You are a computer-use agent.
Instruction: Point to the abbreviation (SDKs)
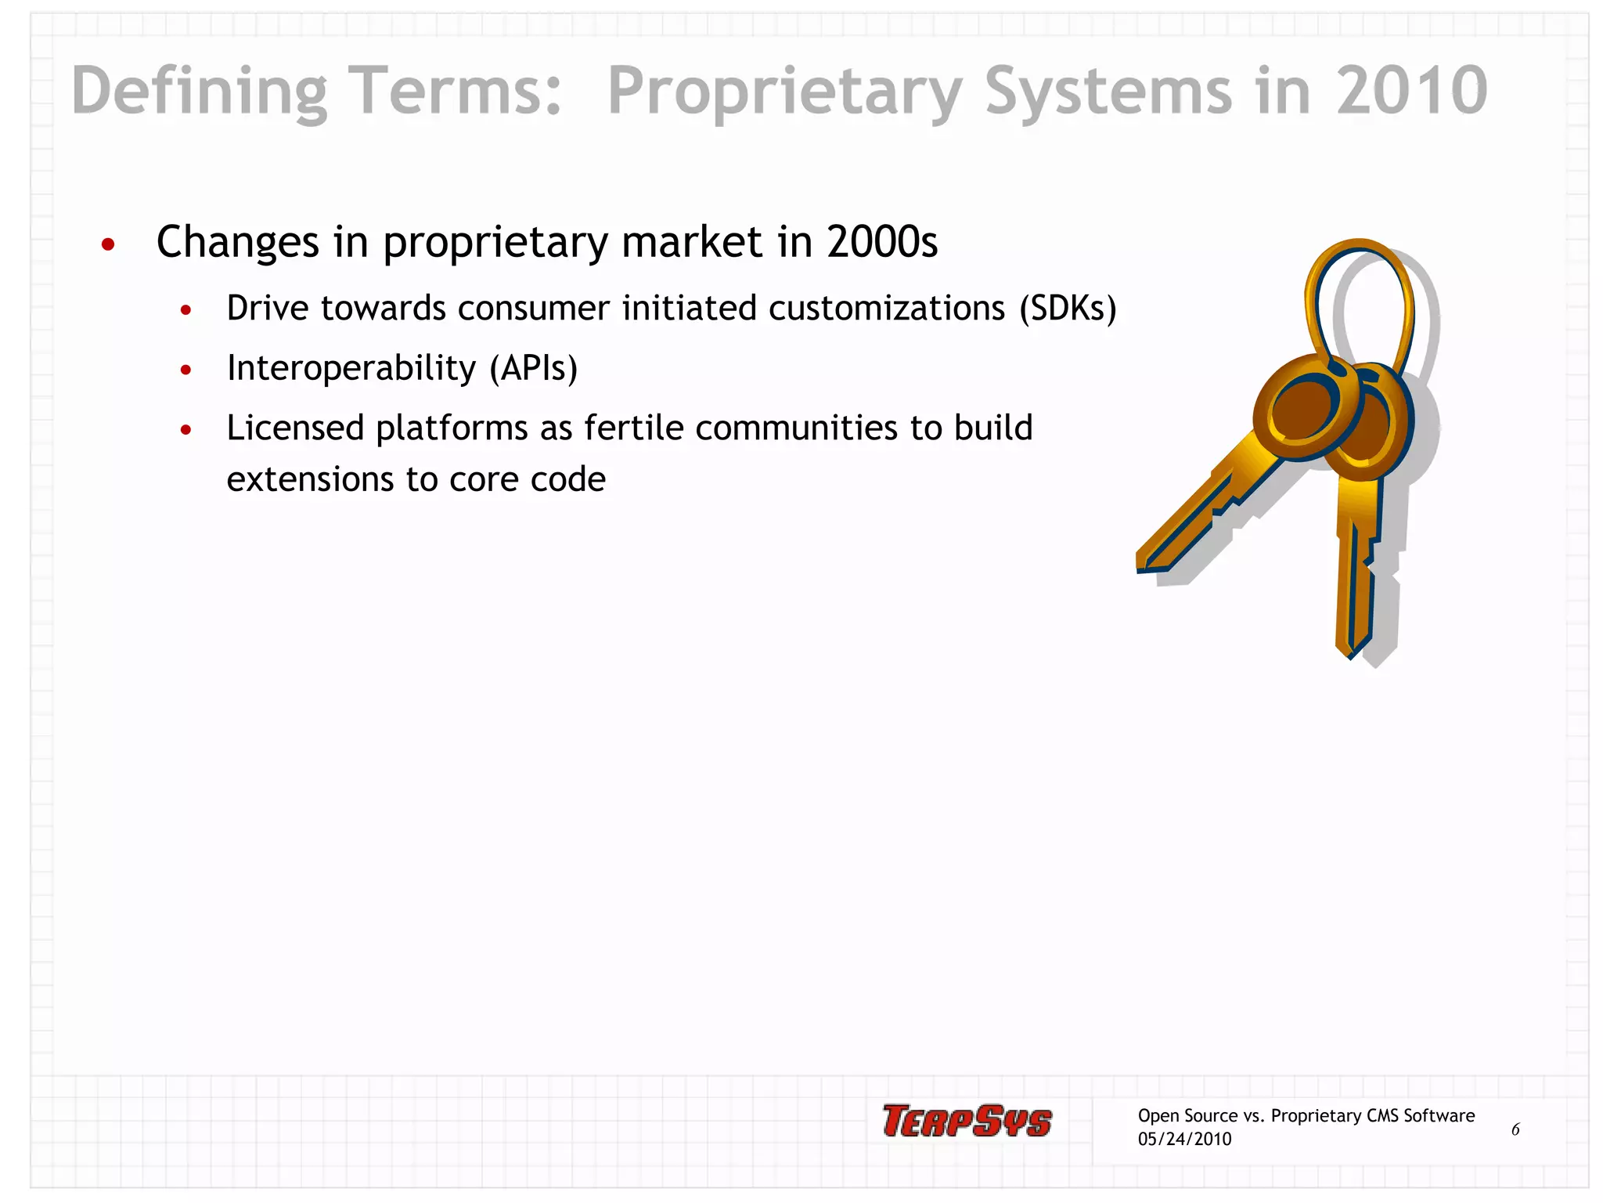pos(1068,308)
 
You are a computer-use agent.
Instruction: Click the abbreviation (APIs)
pos(534,367)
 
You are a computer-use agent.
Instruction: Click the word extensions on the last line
pos(309,479)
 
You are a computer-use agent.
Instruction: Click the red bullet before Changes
pos(109,244)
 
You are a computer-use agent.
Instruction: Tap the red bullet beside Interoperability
pos(186,370)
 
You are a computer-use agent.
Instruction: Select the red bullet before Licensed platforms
pos(186,430)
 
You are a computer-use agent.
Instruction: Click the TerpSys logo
pos(967,1120)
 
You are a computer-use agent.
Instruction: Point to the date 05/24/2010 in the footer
pos(1184,1139)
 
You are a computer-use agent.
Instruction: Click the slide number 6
pos(1515,1129)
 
